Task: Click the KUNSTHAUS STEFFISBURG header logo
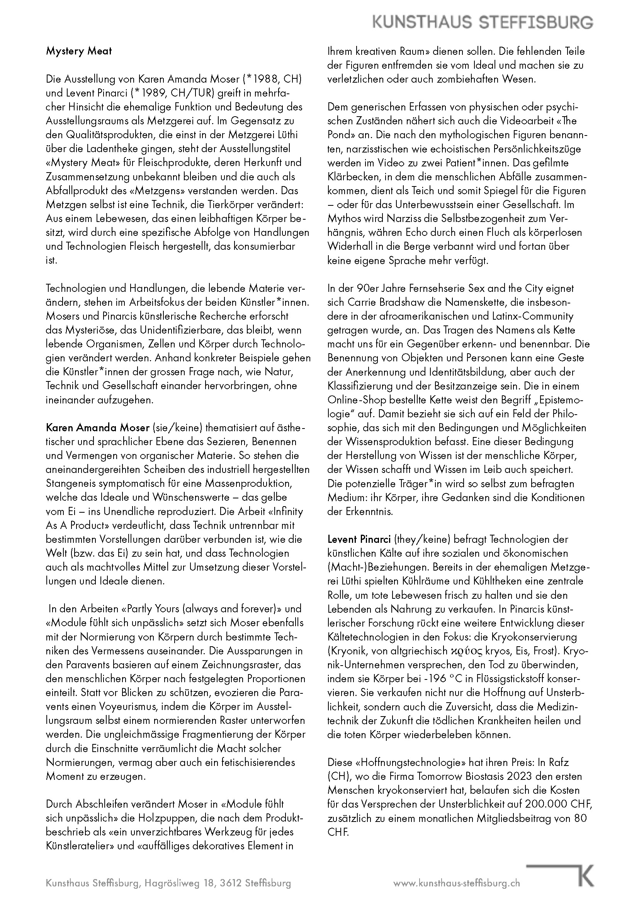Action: tap(483, 22)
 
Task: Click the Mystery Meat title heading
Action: tap(79, 51)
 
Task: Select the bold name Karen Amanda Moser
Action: tap(98, 427)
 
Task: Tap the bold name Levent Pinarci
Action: tap(359, 539)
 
